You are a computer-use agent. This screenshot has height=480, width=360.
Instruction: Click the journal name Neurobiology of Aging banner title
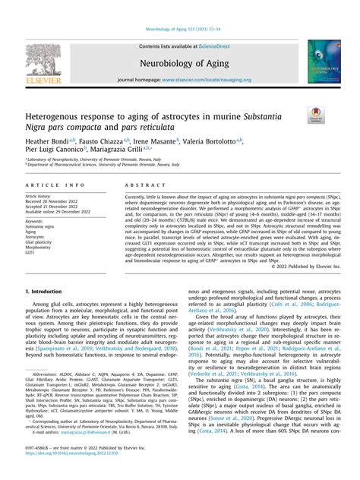(179, 63)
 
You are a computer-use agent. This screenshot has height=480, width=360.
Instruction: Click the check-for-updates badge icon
(315, 115)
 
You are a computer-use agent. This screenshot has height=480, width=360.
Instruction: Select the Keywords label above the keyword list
(35, 221)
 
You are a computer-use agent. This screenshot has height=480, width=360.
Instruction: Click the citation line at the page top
(179, 29)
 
